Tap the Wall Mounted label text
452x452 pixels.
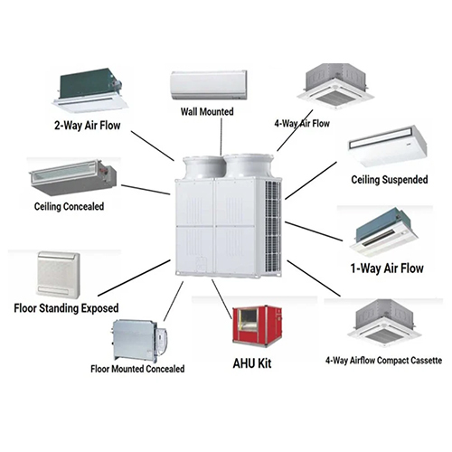pyautogui.click(x=207, y=111)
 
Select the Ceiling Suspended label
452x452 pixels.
pyautogui.click(x=390, y=179)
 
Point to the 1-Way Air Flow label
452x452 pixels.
pyautogui.click(x=386, y=268)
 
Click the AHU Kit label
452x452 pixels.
pyautogui.click(x=252, y=367)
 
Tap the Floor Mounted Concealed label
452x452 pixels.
pyautogui.click(x=138, y=369)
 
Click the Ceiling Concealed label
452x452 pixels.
pyautogui.click(x=69, y=206)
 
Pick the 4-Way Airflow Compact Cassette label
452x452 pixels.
pyautogui.click(x=383, y=361)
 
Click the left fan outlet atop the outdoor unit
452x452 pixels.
pyautogui.click(x=201, y=165)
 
